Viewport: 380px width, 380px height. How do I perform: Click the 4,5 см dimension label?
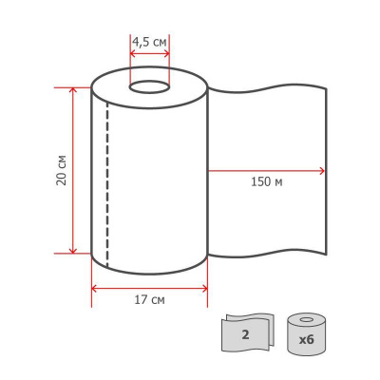(x=149, y=42)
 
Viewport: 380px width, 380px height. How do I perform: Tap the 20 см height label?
(x=62, y=170)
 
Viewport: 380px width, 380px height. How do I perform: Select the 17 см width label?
(x=149, y=300)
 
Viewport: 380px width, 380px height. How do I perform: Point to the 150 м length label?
(x=267, y=182)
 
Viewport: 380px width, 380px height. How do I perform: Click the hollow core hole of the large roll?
(x=149, y=87)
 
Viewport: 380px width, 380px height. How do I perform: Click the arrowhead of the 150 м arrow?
(x=321, y=171)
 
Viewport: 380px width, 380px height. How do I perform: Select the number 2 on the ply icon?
(x=245, y=335)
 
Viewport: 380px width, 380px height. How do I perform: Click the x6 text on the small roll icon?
(x=306, y=340)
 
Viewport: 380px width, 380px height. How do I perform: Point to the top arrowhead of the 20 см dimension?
(x=73, y=90)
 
